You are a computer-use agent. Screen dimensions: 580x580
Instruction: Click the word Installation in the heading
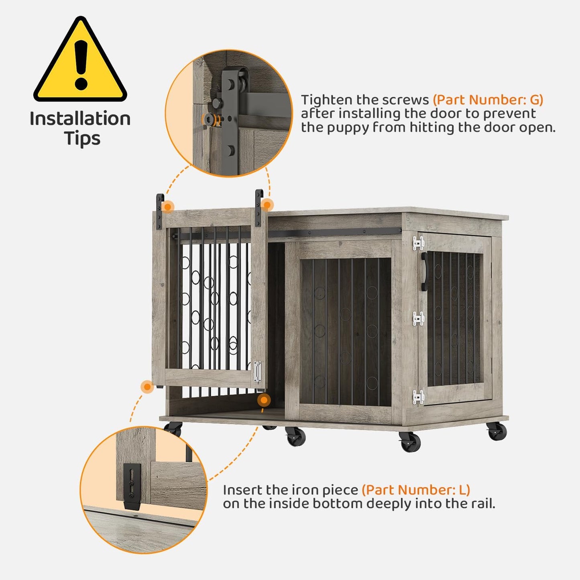pos(80,119)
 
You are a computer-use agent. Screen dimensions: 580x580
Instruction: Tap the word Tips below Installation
pos(82,138)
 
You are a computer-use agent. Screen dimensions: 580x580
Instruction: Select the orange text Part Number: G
pos(488,100)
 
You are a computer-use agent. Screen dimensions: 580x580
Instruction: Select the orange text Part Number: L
pos(416,490)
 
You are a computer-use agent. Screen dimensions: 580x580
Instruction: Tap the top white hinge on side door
pos(418,243)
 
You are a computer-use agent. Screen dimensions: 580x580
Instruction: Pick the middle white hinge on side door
pos(418,319)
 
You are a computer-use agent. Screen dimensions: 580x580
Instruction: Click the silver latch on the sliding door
pos(257,372)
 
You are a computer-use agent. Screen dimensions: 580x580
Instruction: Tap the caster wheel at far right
pos(497,431)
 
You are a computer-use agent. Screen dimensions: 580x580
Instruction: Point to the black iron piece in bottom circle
pos(132,486)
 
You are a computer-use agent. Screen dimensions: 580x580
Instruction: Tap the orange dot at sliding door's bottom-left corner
pos(147,387)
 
